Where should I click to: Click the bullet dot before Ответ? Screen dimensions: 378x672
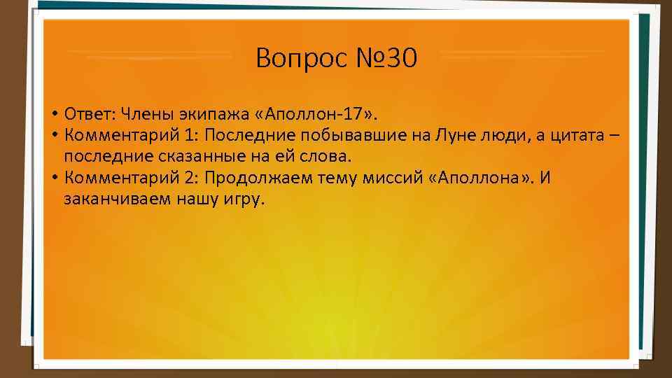(x=54, y=114)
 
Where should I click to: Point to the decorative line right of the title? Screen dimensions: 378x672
(x=521, y=52)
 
